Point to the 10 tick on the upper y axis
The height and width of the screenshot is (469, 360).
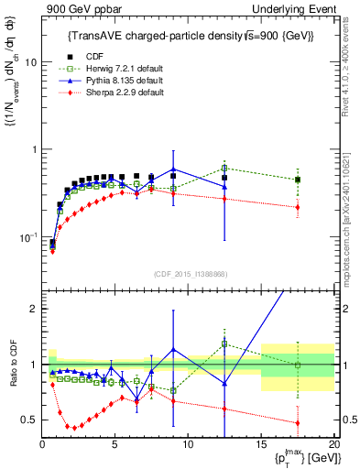pos(29,62)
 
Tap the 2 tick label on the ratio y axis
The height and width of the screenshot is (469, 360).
pos(33,309)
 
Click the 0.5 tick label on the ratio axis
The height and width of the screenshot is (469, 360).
pos(29,420)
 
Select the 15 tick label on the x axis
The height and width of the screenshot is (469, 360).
pos(261,444)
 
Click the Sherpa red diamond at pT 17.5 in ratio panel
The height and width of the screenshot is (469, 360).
pos(297,423)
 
